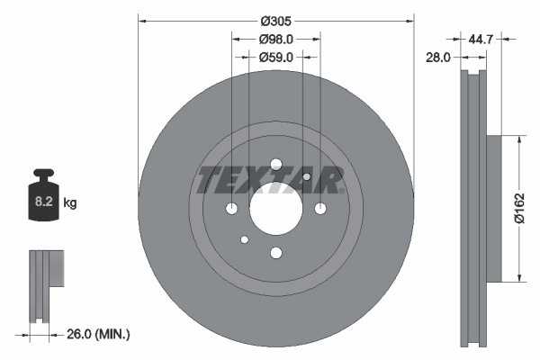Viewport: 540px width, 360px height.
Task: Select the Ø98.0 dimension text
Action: tap(276, 40)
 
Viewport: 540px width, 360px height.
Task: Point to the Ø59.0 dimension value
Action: tap(276, 58)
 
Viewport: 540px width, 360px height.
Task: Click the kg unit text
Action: tap(70, 204)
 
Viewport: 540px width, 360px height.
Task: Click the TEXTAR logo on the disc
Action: tap(270, 180)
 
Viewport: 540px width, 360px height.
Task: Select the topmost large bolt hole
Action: tap(275, 165)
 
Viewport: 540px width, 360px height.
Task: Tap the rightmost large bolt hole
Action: tap(320, 210)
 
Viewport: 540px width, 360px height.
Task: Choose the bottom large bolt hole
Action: tap(275, 254)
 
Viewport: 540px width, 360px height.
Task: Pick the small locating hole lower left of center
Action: tap(244, 240)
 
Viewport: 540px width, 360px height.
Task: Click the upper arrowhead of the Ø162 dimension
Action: tap(519, 140)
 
